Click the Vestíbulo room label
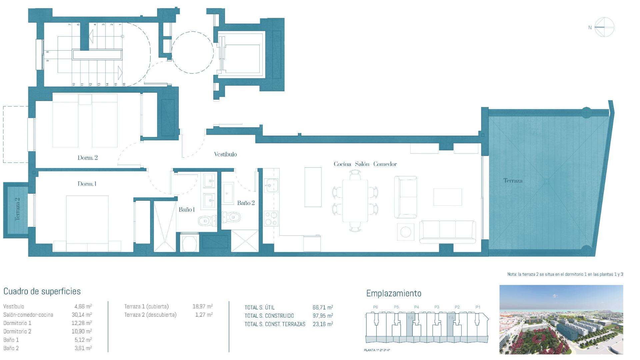(x=225, y=154)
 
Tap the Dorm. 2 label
(x=88, y=158)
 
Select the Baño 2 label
(x=246, y=203)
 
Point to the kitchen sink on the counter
(x=271, y=185)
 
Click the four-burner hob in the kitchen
(x=271, y=219)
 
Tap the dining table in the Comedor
(x=355, y=201)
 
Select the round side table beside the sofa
(x=406, y=232)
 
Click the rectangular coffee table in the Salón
(x=448, y=197)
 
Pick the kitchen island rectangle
(x=313, y=187)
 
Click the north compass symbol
(x=604, y=27)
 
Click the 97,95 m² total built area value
(x=323, y=316)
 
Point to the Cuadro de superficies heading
(x=42, y=291)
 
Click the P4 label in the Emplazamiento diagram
(x=416, y=307)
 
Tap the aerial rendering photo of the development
(x=561, y=319)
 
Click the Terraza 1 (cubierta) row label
(x=146, y=306)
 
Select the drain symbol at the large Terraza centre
(x=546, y=182)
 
